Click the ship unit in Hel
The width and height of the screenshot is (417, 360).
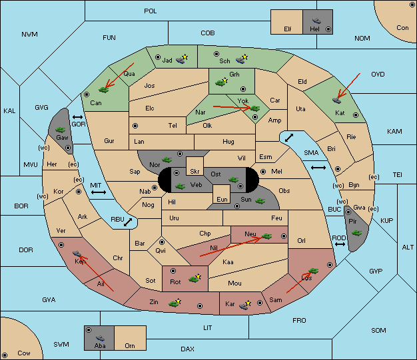(316, 21)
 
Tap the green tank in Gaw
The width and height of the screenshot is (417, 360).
(60, 130)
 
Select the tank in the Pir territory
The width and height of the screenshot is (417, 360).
(356, 233)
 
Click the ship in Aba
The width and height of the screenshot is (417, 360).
(100, 338)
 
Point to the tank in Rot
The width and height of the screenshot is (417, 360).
(194, 279)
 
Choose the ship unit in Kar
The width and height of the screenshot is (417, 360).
(244, 306)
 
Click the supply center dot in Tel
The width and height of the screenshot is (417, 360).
(135, 125)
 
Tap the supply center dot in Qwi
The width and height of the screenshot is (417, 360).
(162, 242)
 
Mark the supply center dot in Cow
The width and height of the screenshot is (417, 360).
(5, 355)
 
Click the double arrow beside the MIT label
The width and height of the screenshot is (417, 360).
(99, 192)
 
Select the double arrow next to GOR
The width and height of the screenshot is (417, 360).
(78, 117)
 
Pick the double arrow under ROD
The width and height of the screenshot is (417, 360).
(340, 244)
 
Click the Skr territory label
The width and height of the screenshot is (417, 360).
(195, 172)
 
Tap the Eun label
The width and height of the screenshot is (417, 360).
(222, 199)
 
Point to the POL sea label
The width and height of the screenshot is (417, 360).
(151, 11)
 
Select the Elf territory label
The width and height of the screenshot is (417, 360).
(288, 29)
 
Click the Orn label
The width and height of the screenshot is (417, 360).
(130, 345)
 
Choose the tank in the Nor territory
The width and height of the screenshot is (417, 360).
(167, 160)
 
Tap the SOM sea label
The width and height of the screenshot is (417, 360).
(378, 330)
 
